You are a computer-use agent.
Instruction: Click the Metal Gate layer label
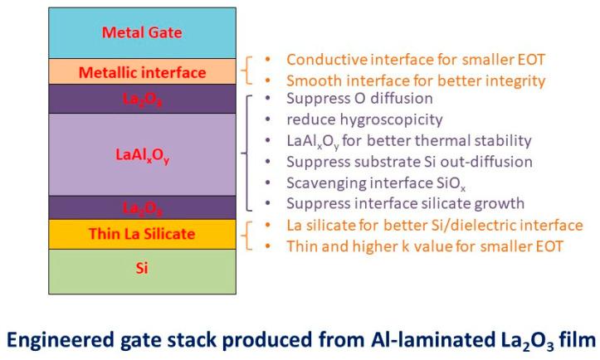click(x=142, y=33)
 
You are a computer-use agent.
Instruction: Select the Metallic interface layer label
click(x=142, y=72)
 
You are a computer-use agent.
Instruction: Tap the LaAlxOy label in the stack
click(x=142, y=153)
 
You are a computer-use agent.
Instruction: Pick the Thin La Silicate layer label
click(x=142, y=234)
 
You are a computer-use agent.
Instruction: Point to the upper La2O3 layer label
click(x=142, y=101)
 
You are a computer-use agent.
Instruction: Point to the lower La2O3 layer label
click(x=142, y=207)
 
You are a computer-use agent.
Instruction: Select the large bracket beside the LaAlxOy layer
click(x=246, y=153)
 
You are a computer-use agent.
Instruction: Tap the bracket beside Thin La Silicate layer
click(x=246, y=235)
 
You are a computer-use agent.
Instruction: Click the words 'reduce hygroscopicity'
click(x=349, y=120)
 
